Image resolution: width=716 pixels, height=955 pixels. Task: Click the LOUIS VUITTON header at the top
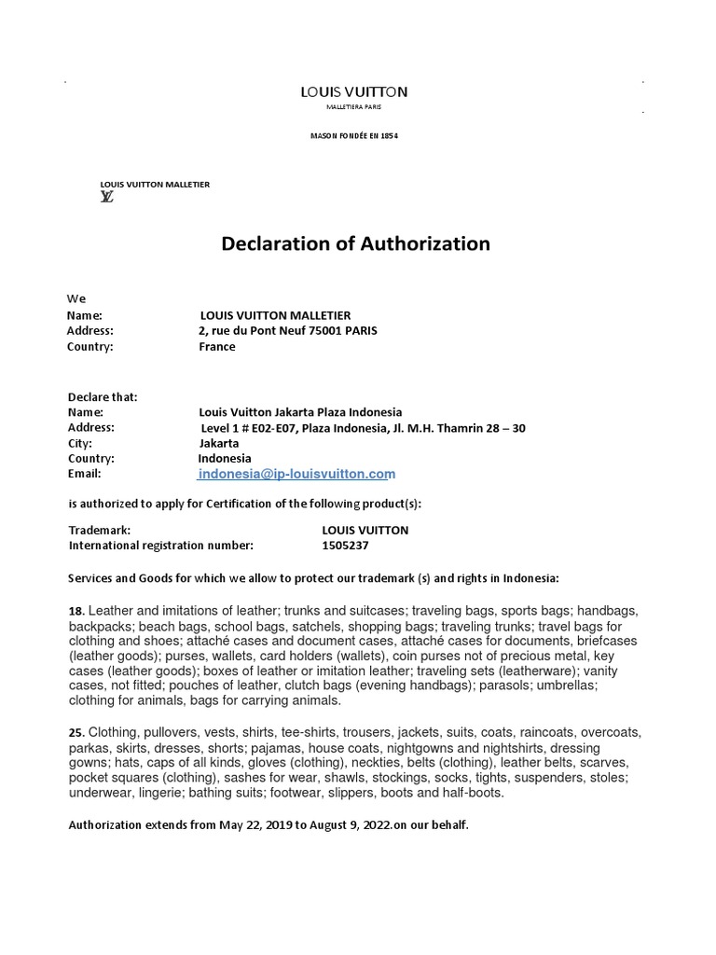point(353,91)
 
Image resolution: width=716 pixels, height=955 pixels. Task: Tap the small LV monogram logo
point(107,197)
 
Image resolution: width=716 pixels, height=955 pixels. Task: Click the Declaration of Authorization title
point(355,244)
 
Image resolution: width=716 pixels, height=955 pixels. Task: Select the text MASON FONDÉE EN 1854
point(353,136)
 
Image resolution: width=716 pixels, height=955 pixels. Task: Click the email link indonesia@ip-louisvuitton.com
point(297,475)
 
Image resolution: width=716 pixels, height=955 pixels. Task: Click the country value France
point(217,347)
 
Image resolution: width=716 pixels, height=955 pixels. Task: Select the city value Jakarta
point(219,443)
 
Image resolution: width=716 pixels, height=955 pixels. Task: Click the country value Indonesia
point(224,459)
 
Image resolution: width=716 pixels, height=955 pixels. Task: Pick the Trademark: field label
point(100,530)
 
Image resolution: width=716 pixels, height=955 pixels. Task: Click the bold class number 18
point(76,610)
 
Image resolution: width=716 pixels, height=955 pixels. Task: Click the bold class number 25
point(76,733)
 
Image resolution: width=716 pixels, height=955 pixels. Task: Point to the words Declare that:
point(103,396)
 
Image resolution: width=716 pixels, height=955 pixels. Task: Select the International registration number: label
point(160,546)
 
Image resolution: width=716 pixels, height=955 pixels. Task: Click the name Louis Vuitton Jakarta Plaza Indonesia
point(300,411)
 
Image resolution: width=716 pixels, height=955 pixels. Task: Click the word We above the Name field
point(76,298)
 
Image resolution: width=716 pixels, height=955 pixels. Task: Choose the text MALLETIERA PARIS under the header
point(353,108)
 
